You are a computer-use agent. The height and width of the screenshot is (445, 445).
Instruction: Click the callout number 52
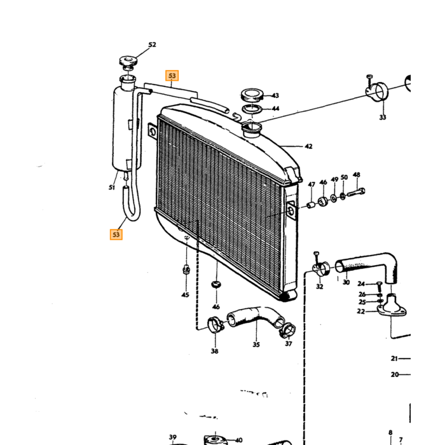pos(152,44)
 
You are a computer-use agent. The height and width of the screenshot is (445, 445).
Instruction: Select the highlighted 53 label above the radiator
pos(172,76)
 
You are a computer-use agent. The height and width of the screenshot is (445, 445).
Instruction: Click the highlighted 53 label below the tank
pos(116,235)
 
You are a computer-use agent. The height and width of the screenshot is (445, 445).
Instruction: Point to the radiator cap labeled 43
pos(252,95)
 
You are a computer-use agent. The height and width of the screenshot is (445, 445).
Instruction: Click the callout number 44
pos(275,109)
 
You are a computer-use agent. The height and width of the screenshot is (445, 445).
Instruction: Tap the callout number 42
pos(308,146)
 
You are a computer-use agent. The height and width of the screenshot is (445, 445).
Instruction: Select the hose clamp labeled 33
pos(377,90)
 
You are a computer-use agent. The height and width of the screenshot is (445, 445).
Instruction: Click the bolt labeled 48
pos(356,193)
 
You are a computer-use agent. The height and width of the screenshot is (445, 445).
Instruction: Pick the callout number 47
pos(311,184)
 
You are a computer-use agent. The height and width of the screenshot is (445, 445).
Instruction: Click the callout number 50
pos(344,177)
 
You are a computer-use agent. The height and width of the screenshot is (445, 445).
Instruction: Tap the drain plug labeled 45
pos(186,269)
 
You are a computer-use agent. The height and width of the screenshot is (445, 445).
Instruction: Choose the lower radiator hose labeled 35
pos(256,318)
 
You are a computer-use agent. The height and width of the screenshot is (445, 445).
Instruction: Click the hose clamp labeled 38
pos(216,325)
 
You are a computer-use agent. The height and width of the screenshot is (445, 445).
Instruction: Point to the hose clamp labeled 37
pos(287,331)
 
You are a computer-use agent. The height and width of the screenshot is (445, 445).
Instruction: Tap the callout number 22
pos(360,311)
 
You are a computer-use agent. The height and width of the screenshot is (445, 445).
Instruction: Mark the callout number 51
pos(111,188)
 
